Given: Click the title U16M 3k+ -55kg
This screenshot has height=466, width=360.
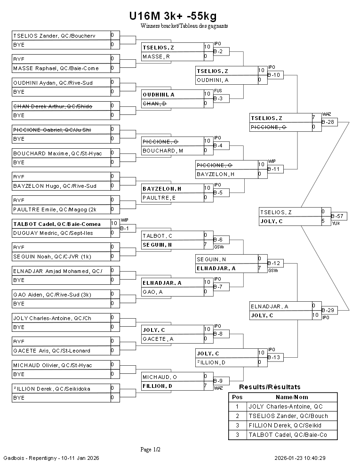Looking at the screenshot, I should (x=173, y=16).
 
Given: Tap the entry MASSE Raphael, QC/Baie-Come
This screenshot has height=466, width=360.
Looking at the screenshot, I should (x=56, y=68).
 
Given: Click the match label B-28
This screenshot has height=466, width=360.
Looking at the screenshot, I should (x=328, y=122).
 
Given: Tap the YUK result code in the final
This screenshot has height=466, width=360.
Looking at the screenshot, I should (x=336, y=223).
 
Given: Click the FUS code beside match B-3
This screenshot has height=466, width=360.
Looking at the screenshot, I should (x=217, y=91).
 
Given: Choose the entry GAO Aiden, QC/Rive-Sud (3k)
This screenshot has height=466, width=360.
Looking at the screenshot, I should (x=52, y=294).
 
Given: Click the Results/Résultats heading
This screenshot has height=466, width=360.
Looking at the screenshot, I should (x=270, y=387).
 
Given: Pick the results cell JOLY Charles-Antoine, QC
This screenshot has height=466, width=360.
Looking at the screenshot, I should (x=286, y=406).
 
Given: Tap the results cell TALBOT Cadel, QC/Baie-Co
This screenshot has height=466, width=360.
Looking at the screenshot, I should (x=288, y=434).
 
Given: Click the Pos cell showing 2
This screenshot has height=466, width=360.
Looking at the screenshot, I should (x=237, y=416).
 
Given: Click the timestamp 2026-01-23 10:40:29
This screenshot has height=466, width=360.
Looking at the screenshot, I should (x=300, y=458).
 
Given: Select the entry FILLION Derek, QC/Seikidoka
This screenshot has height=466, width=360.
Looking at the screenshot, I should (x=52, y=388).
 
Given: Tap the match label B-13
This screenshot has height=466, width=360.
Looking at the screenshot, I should (x=274, y=357).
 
